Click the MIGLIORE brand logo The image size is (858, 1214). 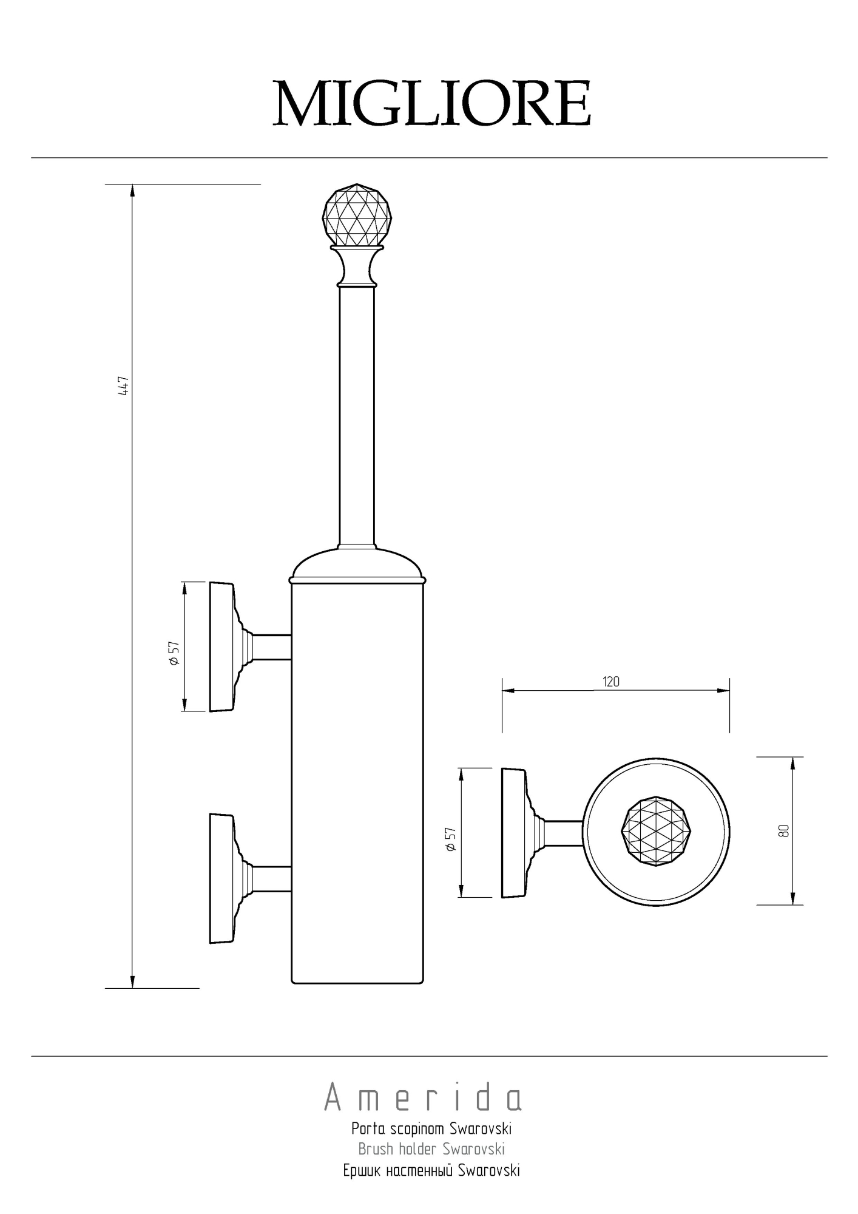pos(431,104)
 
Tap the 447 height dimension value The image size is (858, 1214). pos(124,386)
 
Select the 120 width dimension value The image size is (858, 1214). pos(611,682)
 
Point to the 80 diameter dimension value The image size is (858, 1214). pos(783,830)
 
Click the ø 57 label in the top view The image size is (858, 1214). pos(450,840)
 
